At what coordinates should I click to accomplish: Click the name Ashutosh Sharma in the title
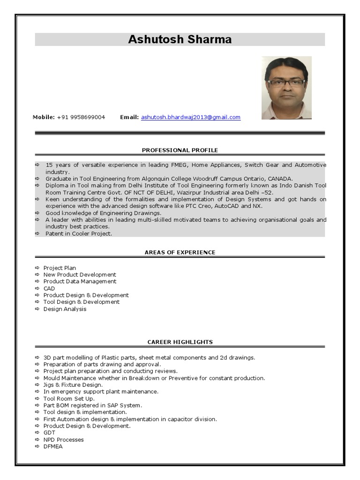(180, 39)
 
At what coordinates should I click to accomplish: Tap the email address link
(191, 117)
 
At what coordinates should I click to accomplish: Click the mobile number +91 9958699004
(81, 117)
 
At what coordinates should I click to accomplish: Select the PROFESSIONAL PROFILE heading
(180, 150)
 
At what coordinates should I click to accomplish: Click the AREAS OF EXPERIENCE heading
(180, 252)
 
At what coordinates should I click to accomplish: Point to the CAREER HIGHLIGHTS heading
(180, 342)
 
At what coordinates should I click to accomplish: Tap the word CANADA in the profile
(280, 179)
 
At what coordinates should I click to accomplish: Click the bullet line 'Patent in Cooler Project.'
(79, 233)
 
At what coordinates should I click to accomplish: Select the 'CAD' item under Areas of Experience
(49, 288)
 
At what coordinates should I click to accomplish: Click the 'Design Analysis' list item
(65, 309)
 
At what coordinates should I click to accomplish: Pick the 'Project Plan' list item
(60, 268)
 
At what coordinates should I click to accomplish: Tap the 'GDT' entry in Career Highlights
(49, 433)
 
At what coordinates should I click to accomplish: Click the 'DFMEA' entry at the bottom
(53, 446)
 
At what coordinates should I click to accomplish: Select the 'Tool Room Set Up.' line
(69, 398)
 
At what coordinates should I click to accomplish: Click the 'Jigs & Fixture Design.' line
(73, 384)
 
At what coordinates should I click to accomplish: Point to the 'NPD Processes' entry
(64, 440)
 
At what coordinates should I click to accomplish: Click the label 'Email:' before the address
(129, 117)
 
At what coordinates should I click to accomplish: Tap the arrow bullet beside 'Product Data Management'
(37, 282)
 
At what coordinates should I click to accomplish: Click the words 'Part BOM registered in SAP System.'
(93, 405)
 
